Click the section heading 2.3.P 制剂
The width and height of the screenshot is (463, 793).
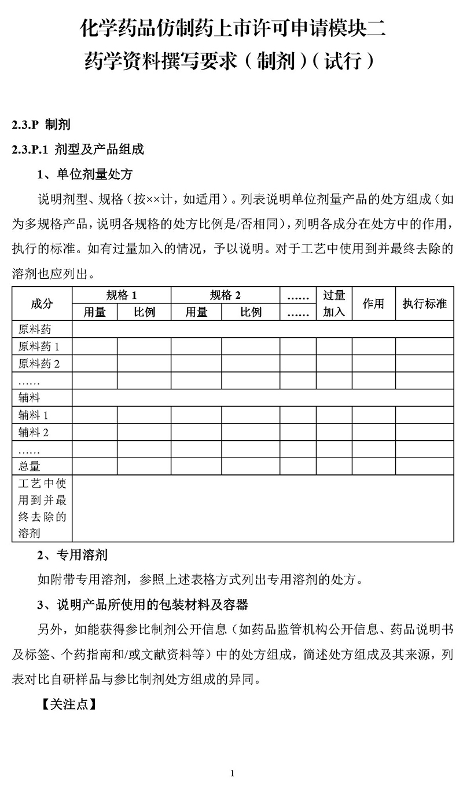click(x=41, y=125)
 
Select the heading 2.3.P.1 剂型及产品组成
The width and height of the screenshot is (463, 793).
click(x=78, y=149)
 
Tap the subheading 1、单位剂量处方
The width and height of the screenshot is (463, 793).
click(x=85, y=174)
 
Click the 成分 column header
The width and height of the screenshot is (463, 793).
click(x=42, y=304)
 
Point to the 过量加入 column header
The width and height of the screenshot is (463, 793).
click(x=334, y=304)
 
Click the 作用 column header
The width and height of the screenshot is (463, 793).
click(x=373, y=304)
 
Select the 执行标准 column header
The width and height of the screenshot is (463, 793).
click(x=424, y=304)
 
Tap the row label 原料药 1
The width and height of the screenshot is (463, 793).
click(x=39, y=347)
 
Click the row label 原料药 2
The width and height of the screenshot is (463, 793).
click(x=39, y=364)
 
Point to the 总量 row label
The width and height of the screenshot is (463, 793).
click(x=30, y=466)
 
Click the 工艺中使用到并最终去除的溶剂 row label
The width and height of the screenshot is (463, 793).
click(x=42, y=509)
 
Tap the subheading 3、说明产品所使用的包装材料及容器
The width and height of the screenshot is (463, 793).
click(x=142, y=605)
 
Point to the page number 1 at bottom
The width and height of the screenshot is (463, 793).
click(x=232, y=773)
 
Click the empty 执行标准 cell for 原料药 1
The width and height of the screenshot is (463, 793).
click(x=424, y=346)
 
